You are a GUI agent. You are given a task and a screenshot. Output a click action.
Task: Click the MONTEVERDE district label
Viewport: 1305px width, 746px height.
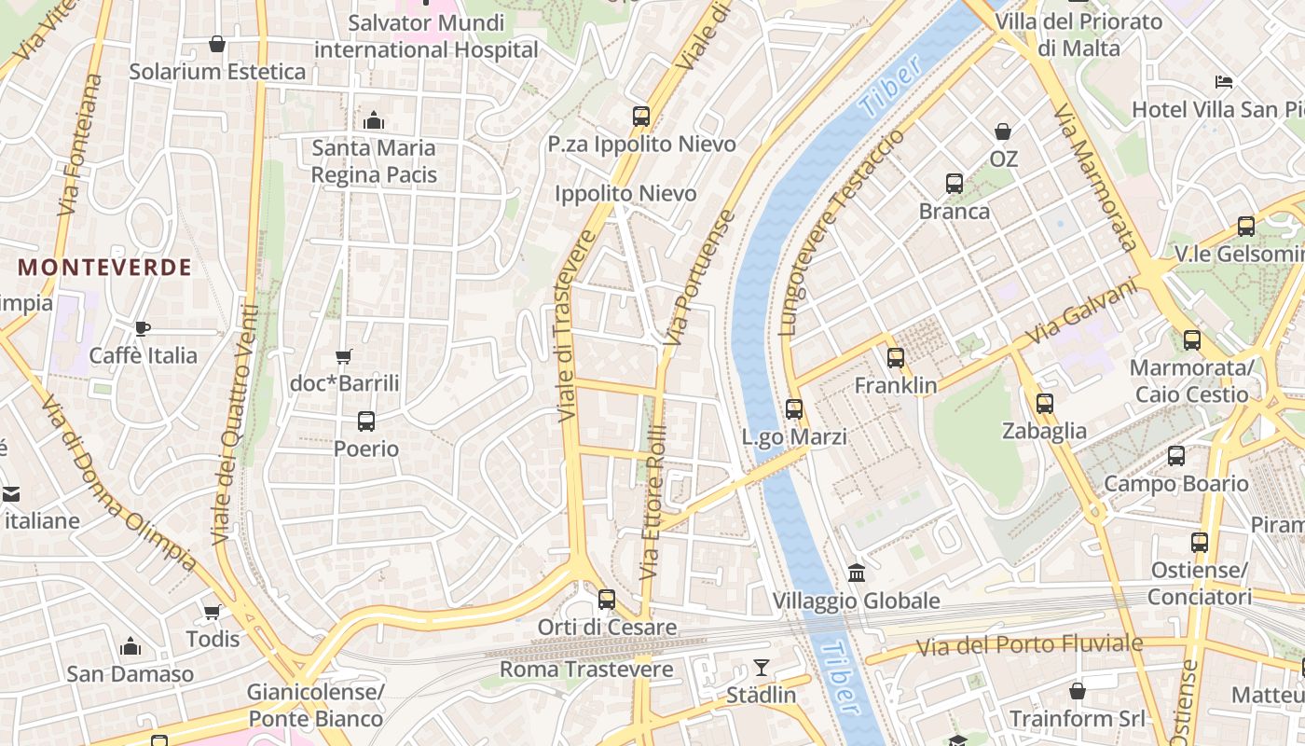[104, 268]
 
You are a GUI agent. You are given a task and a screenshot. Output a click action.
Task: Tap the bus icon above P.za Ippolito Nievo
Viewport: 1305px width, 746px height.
[641, 117]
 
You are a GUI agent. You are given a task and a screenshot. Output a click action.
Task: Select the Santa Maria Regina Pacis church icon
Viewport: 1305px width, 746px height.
[374, 120]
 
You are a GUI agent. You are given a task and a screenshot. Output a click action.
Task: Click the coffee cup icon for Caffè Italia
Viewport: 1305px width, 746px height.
[142, 328]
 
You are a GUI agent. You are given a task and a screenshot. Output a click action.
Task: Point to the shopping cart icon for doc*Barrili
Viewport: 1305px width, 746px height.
[344, 356]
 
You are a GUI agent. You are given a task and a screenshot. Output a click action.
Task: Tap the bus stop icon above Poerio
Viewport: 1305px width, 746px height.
[366, 421]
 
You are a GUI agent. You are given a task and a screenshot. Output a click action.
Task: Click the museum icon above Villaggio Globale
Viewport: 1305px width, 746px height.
[856, 573]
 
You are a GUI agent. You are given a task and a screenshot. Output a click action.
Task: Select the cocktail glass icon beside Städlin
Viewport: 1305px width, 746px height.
[762, 668]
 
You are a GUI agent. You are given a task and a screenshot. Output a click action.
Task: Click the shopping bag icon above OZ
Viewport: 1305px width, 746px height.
[1003, 131]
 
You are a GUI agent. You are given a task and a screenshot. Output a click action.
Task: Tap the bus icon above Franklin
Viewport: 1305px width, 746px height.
[896, 357]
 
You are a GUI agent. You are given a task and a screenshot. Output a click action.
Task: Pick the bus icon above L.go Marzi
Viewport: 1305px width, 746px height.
[794, 408]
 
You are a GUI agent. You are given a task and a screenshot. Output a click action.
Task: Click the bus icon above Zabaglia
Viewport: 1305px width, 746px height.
[1045, 404]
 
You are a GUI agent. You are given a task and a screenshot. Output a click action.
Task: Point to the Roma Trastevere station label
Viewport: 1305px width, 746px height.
[586, 670]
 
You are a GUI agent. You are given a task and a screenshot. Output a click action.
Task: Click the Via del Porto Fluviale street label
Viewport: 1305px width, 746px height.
[1029, 644]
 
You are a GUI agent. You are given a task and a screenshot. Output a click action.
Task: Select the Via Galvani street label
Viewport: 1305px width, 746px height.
[1083, 313]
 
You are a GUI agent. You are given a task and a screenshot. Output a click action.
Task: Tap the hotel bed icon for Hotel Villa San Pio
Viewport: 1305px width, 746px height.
[1224, 82]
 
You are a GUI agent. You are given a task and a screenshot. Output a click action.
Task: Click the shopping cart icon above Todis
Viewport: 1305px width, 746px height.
[213, 612]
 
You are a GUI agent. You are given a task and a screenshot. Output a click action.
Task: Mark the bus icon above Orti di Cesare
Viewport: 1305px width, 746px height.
[607, 599]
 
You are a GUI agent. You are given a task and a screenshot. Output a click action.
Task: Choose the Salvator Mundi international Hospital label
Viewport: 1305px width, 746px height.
[426, 35]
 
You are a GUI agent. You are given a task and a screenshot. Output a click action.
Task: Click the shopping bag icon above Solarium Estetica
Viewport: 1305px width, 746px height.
[217, 44]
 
